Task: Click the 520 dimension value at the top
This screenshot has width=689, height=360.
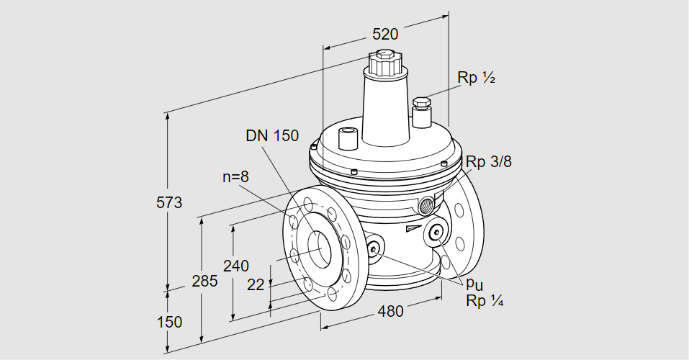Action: point(385,33)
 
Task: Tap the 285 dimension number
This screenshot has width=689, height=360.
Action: point(204,281)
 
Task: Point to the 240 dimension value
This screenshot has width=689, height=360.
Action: point(235,266)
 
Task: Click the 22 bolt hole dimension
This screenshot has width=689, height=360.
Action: point(256,284)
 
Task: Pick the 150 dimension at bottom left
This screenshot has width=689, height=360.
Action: point(169,322)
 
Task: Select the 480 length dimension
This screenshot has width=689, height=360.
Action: point(390,311)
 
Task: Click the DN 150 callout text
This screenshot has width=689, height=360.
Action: point(271,136)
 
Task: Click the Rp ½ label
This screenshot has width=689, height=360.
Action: point(477,78)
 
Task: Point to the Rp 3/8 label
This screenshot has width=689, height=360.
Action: point(488,162)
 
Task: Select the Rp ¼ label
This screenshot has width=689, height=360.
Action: point(484,302)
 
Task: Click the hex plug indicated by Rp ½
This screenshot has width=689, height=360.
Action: point(421,104)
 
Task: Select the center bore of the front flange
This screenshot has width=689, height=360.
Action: point(317,249)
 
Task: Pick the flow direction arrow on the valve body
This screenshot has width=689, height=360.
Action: point(411,229)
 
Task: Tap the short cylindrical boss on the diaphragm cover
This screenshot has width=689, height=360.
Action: point(348,136)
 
